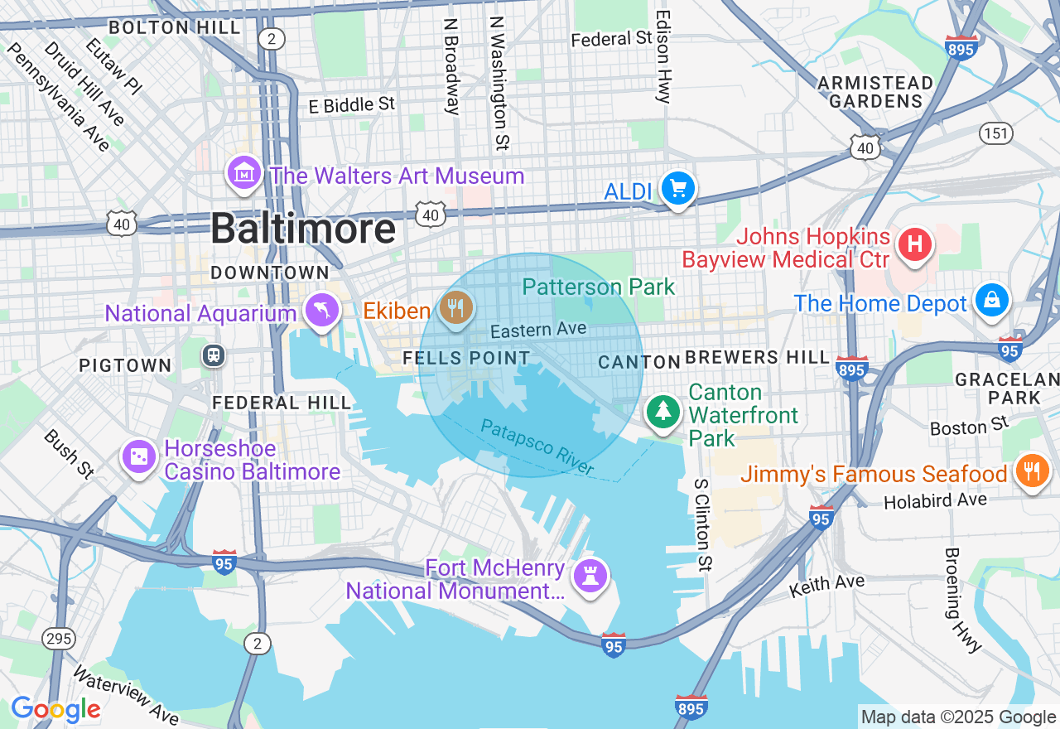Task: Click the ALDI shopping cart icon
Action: [x=678, y=190]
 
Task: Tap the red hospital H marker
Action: [x=915, y=244]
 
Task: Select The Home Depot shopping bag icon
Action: [x=991, y=301]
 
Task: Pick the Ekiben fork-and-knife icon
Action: [x=455, y=309]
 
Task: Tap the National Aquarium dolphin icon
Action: [x=322, y=311]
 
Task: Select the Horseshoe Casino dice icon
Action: [x=138, y=456]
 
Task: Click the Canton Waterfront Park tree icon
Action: [x=662, y=412]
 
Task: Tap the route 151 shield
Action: [x=995, y=133]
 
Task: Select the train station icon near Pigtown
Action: [x=214, y=355]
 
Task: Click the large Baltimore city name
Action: [x=303, y=229]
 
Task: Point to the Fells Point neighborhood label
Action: [x=466, y=359]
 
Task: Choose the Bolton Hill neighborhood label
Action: [x=175, y=27]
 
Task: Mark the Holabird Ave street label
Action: [x=935, y=500]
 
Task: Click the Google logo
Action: [x=55, y=709]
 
